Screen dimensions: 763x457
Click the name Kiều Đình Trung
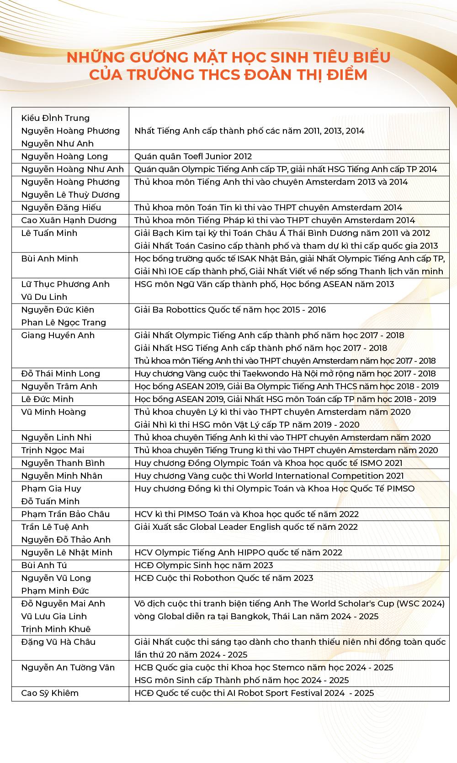pos(55,118)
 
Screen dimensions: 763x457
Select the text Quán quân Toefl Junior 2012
pos(193,157)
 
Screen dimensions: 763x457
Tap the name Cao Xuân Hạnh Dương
pos(69,220)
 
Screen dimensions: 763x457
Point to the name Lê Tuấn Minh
pos(49,233)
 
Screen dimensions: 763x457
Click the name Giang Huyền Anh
pos(58,335)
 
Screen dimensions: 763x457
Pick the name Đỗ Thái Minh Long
pos(60,374)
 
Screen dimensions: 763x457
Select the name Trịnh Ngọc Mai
pos(53,450)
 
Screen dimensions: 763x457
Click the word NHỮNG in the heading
pos(96,57)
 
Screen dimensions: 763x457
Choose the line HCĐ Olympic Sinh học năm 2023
pos(203,565)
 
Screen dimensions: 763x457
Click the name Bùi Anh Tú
pos(44,565)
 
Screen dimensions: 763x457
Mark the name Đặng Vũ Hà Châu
pos(58,642)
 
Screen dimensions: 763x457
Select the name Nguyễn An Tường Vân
pos(68,668)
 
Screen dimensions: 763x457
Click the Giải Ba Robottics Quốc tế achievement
pos(230,310)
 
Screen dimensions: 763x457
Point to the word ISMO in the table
pos(371,463)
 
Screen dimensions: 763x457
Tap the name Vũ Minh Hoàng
pos(53,412)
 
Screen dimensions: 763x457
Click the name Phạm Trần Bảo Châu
pos(65,514)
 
